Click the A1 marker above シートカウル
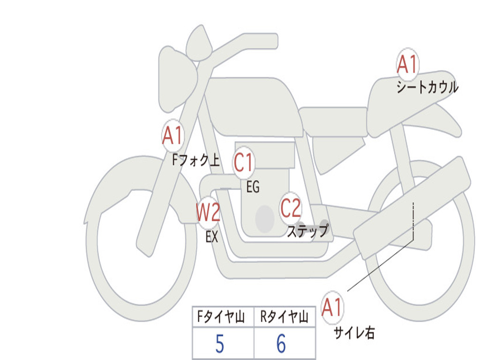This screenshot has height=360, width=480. [407, 64]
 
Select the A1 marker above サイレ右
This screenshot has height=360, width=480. [332, 307]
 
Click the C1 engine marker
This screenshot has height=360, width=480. [244, 162]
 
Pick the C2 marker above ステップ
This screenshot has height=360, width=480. [291, 208]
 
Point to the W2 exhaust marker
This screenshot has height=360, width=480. [208, 212]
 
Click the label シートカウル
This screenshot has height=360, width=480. [427, 87]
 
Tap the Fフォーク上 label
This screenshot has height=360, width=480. [196, 160]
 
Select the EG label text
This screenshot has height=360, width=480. [253, 187]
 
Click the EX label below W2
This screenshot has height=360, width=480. [212, 237]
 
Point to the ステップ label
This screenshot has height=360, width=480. [307, 231]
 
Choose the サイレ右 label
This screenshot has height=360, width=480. [354, 333]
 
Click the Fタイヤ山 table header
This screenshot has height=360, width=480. [221, 317]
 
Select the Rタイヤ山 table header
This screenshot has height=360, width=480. [284, 317]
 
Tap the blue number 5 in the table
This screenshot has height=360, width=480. [220, 344]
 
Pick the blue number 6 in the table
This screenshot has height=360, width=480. [281, 343]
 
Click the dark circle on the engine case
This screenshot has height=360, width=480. [264, 219]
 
